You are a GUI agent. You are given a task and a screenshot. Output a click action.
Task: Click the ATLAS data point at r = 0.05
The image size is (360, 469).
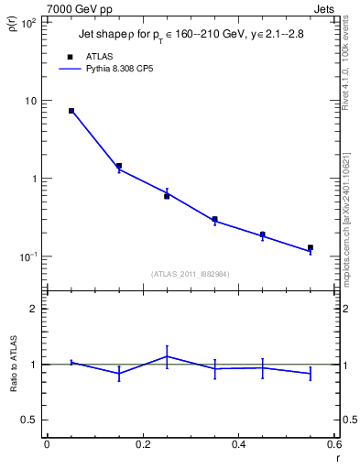coord(71,111)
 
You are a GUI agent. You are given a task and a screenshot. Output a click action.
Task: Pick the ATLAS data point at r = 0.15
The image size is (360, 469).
coord(119,166)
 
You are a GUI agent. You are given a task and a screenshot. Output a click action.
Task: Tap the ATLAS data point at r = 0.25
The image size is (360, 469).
coord(167,196)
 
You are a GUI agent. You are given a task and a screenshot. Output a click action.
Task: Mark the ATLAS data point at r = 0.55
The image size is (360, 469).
coord(311,247)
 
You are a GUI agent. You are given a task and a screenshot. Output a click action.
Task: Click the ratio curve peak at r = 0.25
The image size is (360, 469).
coord(167,356)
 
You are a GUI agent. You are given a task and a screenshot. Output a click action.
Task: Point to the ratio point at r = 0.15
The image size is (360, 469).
coord(119,373)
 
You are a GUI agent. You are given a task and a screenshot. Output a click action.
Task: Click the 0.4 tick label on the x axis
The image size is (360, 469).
coord(238,445)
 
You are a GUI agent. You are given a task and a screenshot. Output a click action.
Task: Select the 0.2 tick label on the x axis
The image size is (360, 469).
coord(142,445)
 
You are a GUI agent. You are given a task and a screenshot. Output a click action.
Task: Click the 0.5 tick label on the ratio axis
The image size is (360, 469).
coord(29,420)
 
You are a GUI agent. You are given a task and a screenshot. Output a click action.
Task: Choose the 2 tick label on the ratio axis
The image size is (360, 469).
coord(34,309)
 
